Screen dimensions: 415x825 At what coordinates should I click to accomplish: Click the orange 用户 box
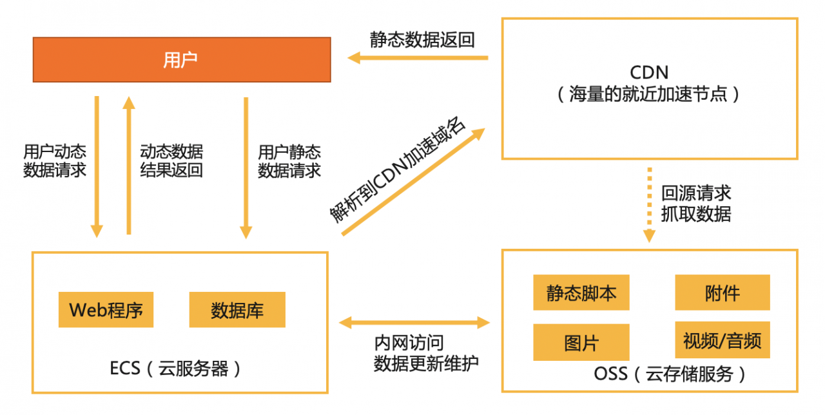pyautogui.click(x=182, y=59)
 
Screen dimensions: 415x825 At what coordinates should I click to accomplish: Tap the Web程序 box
pyautogui.click(x=106, y=310)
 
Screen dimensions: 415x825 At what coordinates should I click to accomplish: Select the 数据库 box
pyautogui.click(x=237, y=310)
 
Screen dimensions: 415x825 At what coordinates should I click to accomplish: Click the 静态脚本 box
pyautogui.click(x=581, y=293)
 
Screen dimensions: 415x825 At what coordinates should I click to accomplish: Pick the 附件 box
pyautogui.click(x=722, y=293)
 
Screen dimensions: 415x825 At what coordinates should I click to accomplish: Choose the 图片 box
pyautogui.click(x=581, y=342)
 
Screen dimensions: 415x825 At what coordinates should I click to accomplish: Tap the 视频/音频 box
pyautogui.click(x=722, y=340)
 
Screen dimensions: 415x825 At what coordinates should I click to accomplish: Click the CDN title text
pyautogui.click(x=648, y=72)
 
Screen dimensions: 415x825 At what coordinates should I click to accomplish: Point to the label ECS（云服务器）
pyautogui.click(x=175, y=369)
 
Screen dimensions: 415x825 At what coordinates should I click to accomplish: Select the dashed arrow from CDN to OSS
pyautogui.click(x=649, y=204)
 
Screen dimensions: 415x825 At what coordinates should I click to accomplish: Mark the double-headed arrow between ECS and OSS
pyautogui.click(x=414, y=321)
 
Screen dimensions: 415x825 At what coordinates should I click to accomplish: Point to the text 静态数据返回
pyautogui.click(x=422, y=39)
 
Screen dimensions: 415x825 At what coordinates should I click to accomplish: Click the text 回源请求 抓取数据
pyautogui.click(x=696, y=203)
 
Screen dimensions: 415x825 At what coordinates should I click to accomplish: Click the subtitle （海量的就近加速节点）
pyautogui.click(x=648, y=95)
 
